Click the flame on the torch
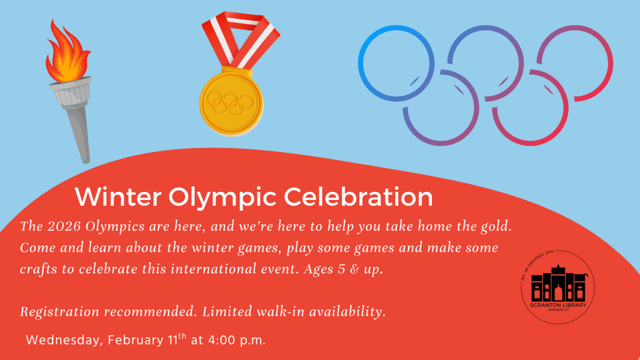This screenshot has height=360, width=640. point(66,53)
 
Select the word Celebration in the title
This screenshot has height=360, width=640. point(358,197)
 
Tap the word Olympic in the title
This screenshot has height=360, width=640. point(223,197)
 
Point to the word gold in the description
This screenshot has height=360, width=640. point(495,227)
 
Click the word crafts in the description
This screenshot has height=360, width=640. point(38,269)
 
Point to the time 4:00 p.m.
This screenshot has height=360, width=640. point(236,340)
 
